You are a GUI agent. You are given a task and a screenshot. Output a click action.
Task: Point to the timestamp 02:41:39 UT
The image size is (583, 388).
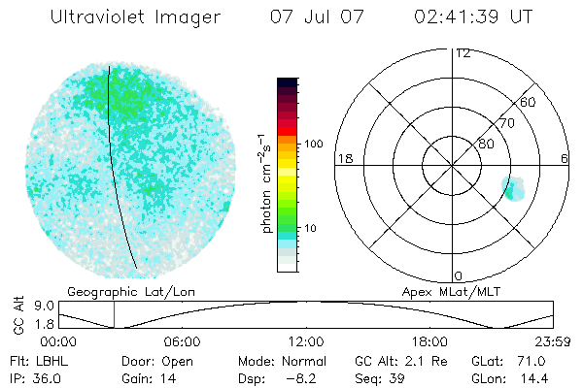click(472, 17)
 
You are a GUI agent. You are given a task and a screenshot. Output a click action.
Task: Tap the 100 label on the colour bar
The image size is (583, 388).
click(313, 144)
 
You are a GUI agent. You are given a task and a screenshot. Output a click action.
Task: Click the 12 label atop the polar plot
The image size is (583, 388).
click(463, 52)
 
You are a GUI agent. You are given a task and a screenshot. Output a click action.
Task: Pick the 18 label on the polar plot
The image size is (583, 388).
click(344, 158)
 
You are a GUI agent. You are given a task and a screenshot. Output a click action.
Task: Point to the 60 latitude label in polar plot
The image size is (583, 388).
click(529, 102)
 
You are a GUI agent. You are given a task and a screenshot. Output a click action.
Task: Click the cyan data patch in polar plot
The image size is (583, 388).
click(513, 188)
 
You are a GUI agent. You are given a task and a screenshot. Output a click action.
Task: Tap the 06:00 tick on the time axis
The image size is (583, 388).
click(182, 341)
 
